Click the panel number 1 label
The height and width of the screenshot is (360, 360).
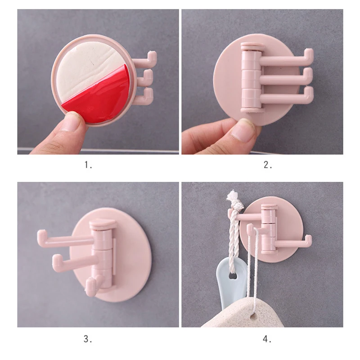coord(88,165)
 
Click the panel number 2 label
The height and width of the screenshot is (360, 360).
coord(268,165)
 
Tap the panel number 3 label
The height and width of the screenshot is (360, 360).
coord(88,338)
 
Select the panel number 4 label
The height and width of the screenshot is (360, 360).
coord(268,338)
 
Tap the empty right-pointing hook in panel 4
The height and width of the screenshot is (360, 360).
coord(297,242)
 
